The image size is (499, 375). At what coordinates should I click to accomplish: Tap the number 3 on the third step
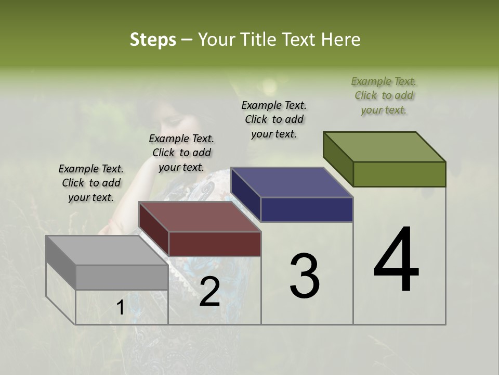tap(304, 276)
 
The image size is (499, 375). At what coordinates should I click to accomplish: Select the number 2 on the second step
tap(209, 292)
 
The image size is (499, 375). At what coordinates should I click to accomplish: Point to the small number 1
tap(120, 308)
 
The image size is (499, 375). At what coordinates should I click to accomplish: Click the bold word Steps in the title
tap(153, 40)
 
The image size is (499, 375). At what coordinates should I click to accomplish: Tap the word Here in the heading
tap(342, 40)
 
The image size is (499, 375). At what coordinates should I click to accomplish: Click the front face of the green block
tap(399, 174)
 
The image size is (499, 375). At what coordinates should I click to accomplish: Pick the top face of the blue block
tap(292, 182)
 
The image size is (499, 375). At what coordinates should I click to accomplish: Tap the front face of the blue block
tap(307, 209)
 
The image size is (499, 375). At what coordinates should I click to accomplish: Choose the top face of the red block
tap(200, 217)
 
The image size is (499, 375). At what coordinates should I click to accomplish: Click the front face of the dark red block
tap(214, 244)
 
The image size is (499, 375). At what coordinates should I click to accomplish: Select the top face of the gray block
tap(107, 251)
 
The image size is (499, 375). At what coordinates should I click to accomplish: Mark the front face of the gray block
tap(122, 277)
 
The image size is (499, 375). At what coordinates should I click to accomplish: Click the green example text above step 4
tap(384, 95)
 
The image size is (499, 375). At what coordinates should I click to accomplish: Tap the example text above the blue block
tap(274, 119)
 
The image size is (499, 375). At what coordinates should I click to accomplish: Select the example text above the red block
tap(181, 153)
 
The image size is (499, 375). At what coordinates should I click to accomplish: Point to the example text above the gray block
tap(91, 183)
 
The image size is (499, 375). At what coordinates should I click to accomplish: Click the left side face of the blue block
tap(245, 195)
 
